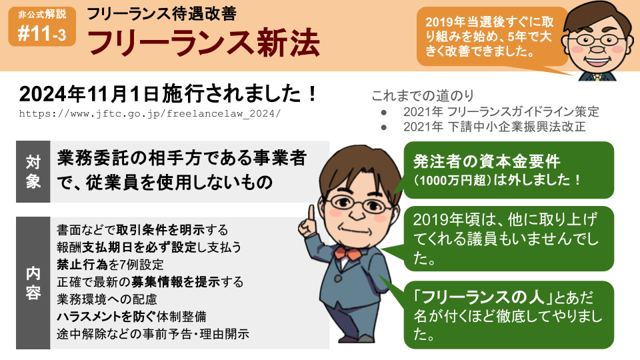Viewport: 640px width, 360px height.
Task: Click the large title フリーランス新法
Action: [203, 43]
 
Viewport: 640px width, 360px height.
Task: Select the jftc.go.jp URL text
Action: [150, 113]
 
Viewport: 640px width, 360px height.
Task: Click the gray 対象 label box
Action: [33, 171]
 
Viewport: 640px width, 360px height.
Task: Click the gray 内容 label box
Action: [33, 283]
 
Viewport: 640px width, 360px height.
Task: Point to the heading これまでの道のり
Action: [422, 95]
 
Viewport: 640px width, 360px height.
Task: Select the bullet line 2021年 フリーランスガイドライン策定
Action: [501, 111]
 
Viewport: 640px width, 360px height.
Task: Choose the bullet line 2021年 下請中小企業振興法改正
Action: [494, 126]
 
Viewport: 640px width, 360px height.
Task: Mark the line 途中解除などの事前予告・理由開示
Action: [153, 334]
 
